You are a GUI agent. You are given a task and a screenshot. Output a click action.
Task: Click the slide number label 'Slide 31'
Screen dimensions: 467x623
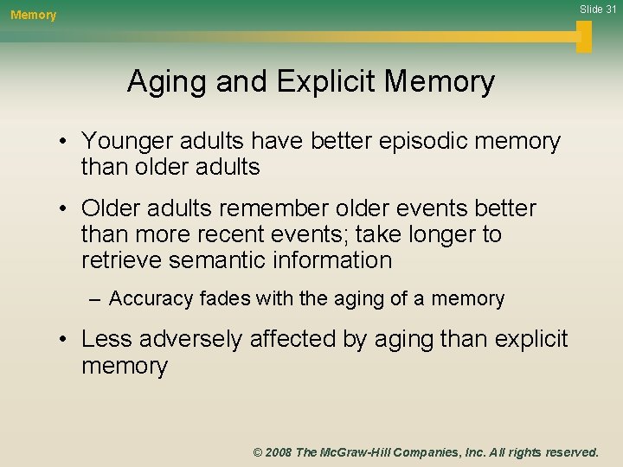[596, 9]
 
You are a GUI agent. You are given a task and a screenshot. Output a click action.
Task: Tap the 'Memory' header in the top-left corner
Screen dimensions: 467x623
[33, 15]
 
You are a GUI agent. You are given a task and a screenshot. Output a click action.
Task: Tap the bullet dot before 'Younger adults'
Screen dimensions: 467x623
[66, 141]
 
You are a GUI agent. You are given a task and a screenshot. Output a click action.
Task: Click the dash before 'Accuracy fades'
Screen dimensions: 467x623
[94, 299]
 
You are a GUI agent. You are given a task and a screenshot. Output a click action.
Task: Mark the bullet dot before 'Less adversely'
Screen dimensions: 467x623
[66, 339]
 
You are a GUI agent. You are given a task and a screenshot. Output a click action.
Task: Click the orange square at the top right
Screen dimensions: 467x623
[584, 36]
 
